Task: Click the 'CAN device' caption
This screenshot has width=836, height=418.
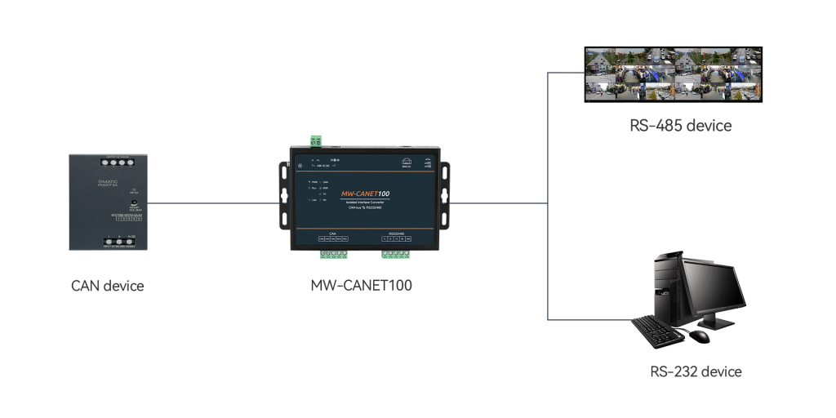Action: [107, 286]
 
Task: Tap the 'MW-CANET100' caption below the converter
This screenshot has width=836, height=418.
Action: [361, 286]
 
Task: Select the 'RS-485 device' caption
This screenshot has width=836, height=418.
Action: [680, 126]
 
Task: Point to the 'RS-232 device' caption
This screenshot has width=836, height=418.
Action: [696, 371]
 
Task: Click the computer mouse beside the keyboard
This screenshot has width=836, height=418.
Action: [700, 336]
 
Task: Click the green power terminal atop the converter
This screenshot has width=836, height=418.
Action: [314, 140]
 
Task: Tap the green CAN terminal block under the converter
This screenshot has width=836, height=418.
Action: [333, 255]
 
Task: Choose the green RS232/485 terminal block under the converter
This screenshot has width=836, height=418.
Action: [396, 255]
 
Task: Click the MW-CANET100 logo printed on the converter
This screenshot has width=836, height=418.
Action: [365, 193]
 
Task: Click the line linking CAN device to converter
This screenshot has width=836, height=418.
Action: [212, 203]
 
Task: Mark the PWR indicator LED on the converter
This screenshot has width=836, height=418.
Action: [310, 180]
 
